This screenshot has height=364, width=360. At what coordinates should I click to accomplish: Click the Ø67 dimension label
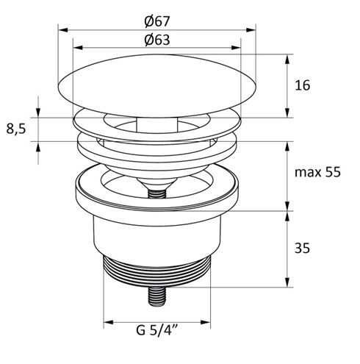pyautogui.click(x=156, y=21)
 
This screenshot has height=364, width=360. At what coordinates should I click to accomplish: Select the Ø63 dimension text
pyautogui.click(x=157, y=40)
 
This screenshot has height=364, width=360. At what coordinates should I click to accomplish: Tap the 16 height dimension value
pyautogui.click(x=302, y=85)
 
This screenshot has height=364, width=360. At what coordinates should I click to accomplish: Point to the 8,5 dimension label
pyautogui.click(x=16, y=129)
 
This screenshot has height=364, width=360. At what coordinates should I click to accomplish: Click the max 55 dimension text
pyautogui.click(x=317, y=172)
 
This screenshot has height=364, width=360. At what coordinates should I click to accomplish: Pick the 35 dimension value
pyautogui.click(x=302, y=248)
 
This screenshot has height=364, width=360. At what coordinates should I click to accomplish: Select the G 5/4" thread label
pyautogui.click(x=156, y=329)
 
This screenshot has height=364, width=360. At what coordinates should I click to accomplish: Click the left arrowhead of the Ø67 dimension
pyautogui.click(x=62, y=30)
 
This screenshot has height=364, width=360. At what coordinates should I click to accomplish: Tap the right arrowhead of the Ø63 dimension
pyautogui.click(x=236, y=48)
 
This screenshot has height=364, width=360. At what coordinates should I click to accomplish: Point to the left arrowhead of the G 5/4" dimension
pyautogui.click(x=108, y=322)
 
